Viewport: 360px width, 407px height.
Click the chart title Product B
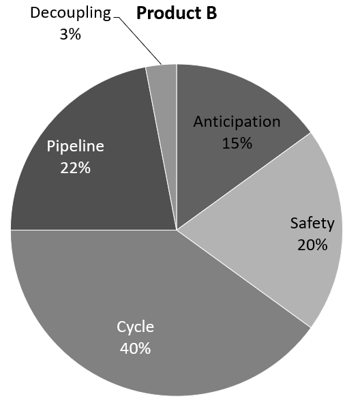click(x=177, y=14)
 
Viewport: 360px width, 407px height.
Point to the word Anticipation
click(x=237, y=122)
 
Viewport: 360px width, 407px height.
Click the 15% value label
click(x=237, y=143)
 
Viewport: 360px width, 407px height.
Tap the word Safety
click(x=312, y=223)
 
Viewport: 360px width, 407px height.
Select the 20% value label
click(x=312, y=244)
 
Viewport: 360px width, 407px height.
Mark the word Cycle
click(x=135, y=327)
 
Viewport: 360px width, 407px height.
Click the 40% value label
click(x=135, y=348)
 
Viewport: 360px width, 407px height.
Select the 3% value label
click(x=70, y=34)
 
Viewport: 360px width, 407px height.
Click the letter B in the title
click(x=211, y=14)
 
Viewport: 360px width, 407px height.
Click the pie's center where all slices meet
click(x=177, y=230)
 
